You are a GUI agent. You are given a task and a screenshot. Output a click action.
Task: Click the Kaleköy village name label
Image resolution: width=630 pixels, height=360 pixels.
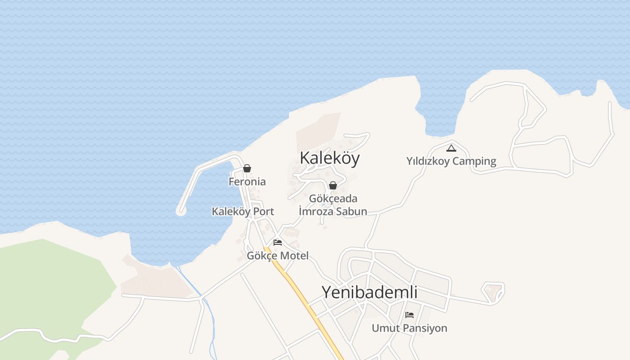pos(329,158)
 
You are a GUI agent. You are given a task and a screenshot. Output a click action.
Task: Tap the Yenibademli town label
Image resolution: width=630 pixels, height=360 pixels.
pos(369,292)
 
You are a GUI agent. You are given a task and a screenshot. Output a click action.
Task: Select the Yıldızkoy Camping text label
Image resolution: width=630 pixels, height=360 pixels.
pos(451,161)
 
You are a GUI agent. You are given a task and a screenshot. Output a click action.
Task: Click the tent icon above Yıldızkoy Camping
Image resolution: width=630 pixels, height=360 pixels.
pos(451,148)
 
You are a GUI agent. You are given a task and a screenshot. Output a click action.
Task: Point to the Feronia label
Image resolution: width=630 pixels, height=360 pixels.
pos(247,182)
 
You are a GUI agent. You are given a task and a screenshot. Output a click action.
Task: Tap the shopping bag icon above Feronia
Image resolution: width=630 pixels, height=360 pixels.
pos(247,169)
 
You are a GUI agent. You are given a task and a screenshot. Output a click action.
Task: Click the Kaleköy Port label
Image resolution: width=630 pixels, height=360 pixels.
pos(243,211)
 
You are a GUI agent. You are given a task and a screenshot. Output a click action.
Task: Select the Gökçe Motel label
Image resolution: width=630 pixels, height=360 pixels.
pos(278,256)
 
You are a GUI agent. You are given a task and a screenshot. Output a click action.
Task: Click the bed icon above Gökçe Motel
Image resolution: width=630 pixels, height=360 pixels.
pos(278,243)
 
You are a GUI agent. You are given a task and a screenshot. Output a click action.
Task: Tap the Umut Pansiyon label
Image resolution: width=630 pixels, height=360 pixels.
pos(409,328)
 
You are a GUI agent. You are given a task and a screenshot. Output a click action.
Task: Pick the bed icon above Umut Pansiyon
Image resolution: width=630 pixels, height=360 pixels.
pos(409,315)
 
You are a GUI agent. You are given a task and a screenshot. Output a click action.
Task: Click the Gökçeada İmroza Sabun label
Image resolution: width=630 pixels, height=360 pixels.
pos(333,205)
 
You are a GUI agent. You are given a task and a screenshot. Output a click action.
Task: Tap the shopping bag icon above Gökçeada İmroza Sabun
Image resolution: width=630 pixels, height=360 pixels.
pos(333,185)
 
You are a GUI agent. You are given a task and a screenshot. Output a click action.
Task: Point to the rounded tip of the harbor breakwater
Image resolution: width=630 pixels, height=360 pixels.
pos(181,210)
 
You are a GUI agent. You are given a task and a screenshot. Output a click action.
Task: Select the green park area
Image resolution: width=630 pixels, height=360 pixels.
pos(49,288)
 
